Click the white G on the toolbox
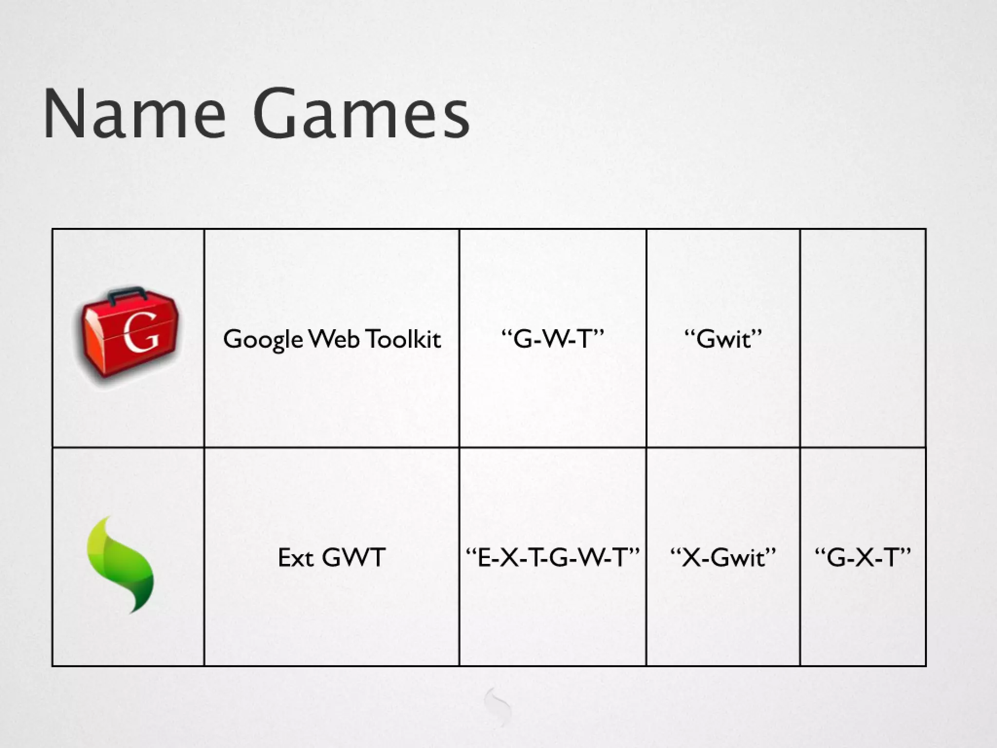pyautogui.click(x=141, y=333)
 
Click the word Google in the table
pyautogui.click(x=263, y=339)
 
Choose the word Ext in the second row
pyautogui.click(x=295, y=557)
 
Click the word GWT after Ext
pyautogui.click(x=353, y=557)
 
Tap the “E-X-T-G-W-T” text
pyautogui.click(x=552, y=557)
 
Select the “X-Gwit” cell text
pyautogui.click(x=723, y=557)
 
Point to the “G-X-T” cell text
pyautogui.click(x=862, y=557)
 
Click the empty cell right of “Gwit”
pyautogui.click(x=863, y=338)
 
